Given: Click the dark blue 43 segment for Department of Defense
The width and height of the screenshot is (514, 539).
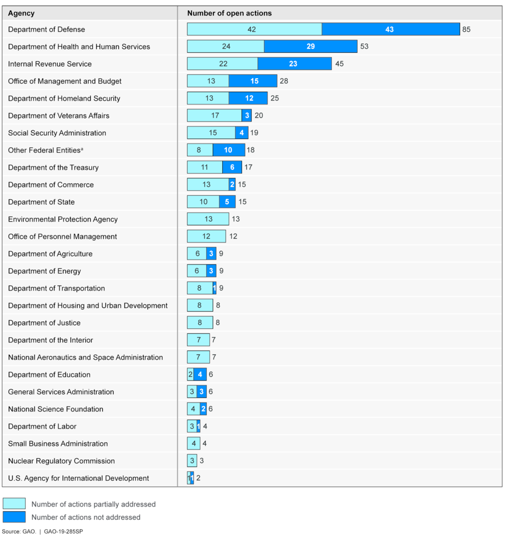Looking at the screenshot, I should [390, 29].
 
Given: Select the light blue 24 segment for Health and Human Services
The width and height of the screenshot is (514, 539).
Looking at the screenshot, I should [226, 47].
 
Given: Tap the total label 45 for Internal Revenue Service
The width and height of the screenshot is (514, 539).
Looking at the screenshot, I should [339, 64].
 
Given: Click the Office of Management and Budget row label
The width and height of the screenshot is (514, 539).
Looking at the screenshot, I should [65, 81].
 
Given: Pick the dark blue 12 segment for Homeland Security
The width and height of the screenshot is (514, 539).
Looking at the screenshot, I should [248, 98].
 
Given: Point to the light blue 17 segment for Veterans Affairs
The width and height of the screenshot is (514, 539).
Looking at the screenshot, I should [215, 116].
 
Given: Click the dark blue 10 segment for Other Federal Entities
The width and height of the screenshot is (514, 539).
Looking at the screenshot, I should [227, 150].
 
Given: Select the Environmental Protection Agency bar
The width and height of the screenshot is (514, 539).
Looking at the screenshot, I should [208, 219].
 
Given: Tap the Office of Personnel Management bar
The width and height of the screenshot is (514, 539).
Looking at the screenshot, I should [206, 237].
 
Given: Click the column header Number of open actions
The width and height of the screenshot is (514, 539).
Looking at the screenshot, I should [229, 13].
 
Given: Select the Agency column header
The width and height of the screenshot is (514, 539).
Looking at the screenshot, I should [21, 13].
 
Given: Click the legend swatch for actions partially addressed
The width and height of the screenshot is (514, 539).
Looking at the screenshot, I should [14, 504].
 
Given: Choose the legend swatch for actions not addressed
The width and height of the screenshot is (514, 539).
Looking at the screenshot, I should [14, 517].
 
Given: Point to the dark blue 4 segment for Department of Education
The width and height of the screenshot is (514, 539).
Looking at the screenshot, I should [200, 375].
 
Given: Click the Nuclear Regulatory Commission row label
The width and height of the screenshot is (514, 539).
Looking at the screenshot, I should [62, 461].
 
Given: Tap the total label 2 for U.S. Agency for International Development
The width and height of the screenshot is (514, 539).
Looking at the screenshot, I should [198, 478].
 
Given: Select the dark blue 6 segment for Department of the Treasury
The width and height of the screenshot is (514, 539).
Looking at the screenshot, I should [232, 167].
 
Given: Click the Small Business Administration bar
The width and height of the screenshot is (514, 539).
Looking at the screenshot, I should [193, 443].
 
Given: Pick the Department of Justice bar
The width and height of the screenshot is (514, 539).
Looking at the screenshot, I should [200, 323].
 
